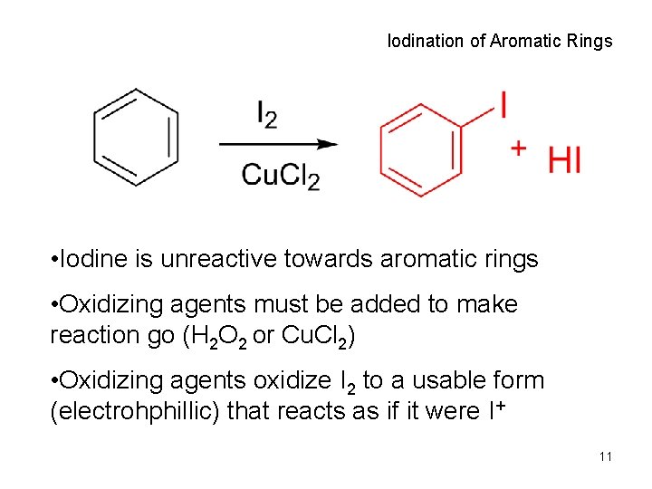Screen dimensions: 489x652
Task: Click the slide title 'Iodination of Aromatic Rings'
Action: tap(499, 41)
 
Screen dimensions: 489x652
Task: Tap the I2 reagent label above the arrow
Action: tap(267, 116)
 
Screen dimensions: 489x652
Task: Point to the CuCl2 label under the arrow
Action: tap(280, 175)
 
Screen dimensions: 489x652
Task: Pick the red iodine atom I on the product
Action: tap(502, 105)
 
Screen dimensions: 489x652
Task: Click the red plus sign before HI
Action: tap(518, 147)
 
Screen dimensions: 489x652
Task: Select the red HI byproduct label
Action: tap(564, 160)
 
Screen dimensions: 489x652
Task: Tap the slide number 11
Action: tap(605, 456)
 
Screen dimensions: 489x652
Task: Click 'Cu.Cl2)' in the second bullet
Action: tap(316, 336)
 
